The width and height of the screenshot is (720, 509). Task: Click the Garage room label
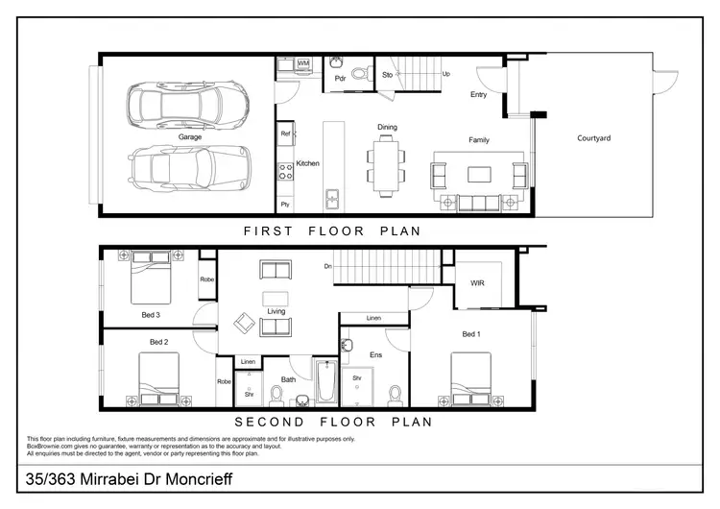tap(189, 137)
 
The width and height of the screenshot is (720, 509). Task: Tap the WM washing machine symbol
tap(303, 63)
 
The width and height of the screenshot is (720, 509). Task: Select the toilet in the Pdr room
tap(359, 73)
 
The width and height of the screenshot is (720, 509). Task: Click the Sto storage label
tap(387, 73)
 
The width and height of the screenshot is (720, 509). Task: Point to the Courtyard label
tap(593, 138)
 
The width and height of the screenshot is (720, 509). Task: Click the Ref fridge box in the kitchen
tap(285, 133)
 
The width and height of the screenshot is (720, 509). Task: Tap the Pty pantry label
tap(285, 205)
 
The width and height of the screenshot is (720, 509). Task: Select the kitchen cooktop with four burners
tap(285, 172)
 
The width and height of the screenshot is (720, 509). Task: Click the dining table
tap(386, 165)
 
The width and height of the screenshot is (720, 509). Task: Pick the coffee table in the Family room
tap(479, 175)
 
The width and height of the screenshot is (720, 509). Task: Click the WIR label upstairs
tap(477, 284)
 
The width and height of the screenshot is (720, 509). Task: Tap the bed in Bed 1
tap(470, 377)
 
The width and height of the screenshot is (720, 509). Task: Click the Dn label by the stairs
tap(327, 266)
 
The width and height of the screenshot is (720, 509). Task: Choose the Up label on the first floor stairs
tap(446, 74)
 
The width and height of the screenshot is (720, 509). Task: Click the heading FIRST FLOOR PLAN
tap(331, 231)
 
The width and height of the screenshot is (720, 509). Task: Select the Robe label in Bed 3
tap(206, 279)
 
